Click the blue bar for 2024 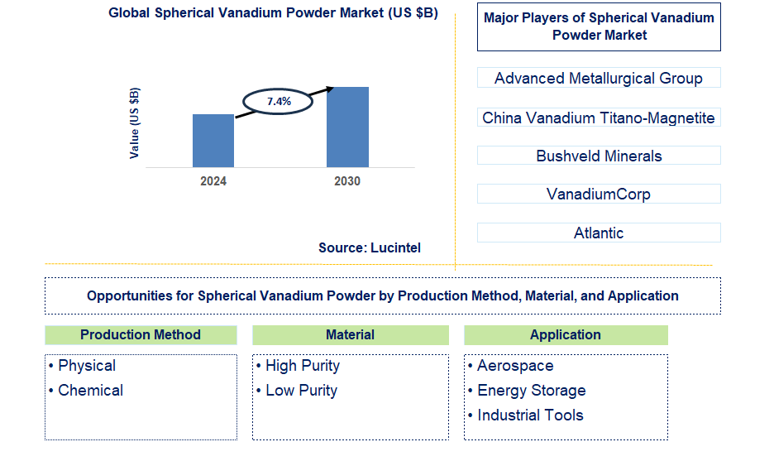click(x=213, y=141)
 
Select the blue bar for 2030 click(x=347, y=127)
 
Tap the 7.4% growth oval click(x=278, y=101)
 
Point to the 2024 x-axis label click(x=213, y=181)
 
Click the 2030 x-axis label click(x=347, y=181)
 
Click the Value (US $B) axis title click(x=135, y=122)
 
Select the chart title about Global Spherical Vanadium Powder click(x=274, y=14)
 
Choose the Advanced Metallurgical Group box click(x=599, y=79)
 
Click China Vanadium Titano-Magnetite click(x=599, y=118)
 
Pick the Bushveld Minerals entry click(x=599, y=156)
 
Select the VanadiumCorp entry click(x=599, y=194)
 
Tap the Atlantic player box click(x=599, y=233)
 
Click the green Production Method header click(x=141, y=335)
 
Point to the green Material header click(x=350, y=335)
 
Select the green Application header click(x=566, y=335)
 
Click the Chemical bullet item click(x=90, y=391)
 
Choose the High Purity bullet click(x=302, y=366)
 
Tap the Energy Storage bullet click(x=531, y=391)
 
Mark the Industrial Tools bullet click(x=530, y=415)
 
